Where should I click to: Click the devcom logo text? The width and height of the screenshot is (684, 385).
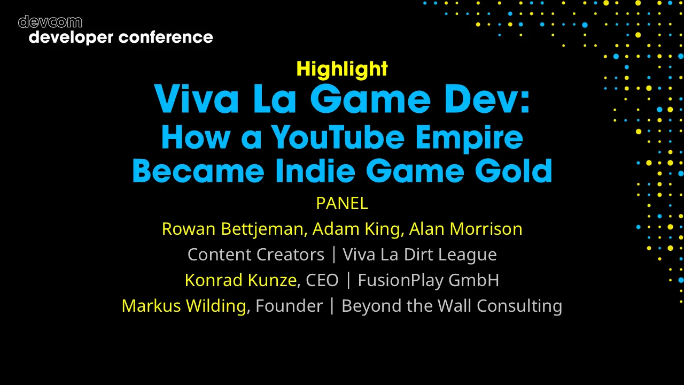pos(50,22)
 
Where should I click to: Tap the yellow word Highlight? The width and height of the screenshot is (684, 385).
pos(342,69)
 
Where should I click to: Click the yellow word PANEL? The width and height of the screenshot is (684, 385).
pos(342,203)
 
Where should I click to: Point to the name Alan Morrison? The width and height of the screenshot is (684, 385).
pos(465,229)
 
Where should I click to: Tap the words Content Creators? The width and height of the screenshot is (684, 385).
pos(255,255)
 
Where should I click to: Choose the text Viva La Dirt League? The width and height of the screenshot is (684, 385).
pos(419,255)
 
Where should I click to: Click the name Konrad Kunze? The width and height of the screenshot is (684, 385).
pos(240,280)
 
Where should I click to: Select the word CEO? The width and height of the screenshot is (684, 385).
pos(322,280)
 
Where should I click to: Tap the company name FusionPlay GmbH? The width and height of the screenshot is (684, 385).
pos(428,280)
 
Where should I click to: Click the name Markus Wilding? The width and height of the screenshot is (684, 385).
pos(184,306)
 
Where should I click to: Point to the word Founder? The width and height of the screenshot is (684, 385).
pos(289,306)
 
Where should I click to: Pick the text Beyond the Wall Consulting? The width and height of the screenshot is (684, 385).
pos(452,306)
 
